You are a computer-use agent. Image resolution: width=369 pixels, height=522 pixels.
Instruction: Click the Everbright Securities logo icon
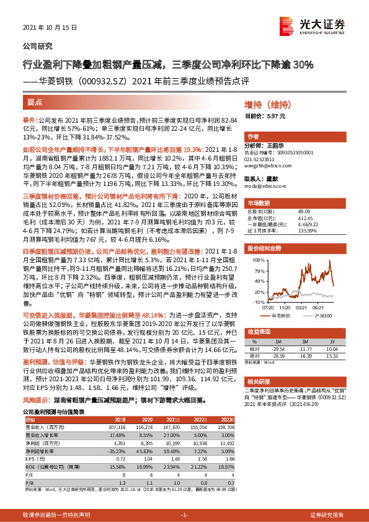(287, 25)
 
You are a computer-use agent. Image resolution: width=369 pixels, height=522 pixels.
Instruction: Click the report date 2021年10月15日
(45, 29)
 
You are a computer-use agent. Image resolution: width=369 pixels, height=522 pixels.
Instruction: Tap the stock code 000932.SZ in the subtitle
(102, 81)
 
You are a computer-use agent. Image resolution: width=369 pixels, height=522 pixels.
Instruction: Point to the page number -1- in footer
(184, 515)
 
